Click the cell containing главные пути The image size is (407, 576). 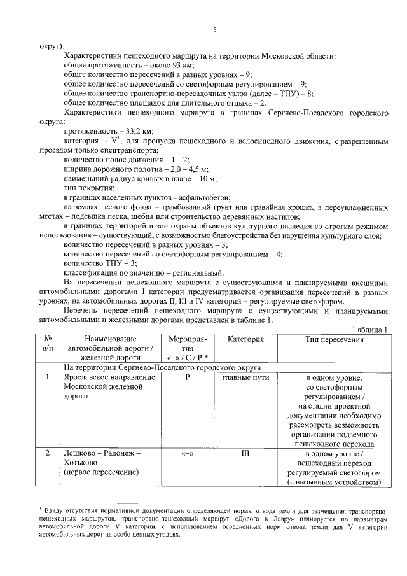click(x=245, y=378)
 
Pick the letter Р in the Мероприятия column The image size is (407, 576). click(x=188, y=378)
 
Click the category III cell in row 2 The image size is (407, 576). click(x=245, y=454)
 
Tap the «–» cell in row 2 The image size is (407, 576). click(x=188, y=454)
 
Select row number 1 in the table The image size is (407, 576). click(x=48, y=378)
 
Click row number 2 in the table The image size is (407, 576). click(x=48, y=454)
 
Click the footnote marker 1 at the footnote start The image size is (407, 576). click(x=40, y=508)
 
